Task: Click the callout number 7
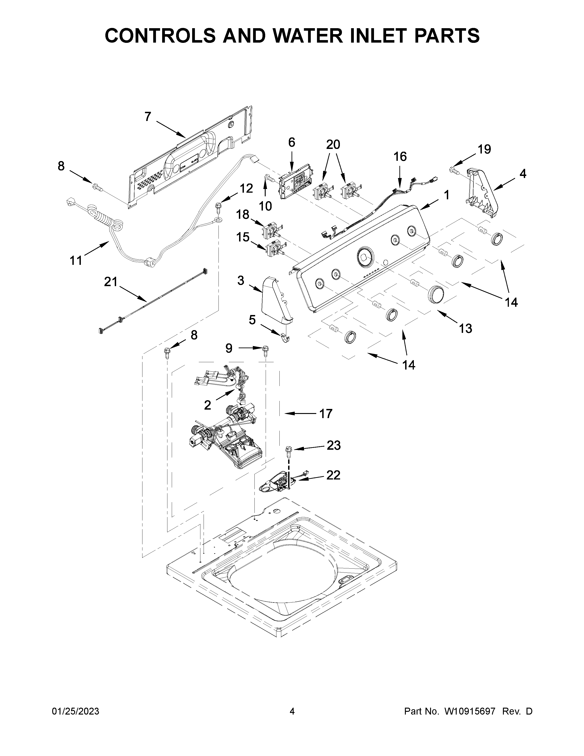coord(148,117)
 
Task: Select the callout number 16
coord(400,156)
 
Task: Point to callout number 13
coord(465,328)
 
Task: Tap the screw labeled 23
coord(288,450)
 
